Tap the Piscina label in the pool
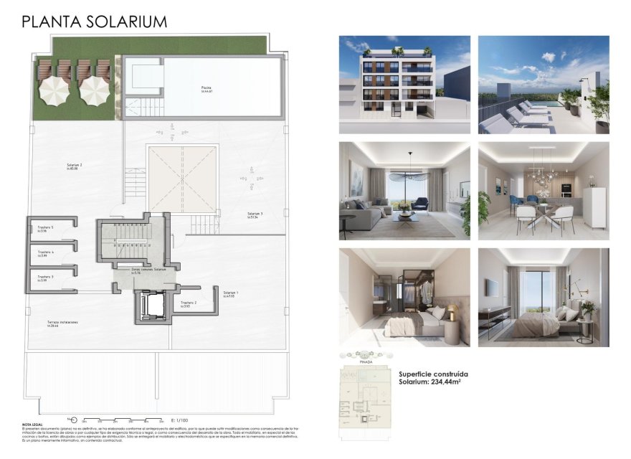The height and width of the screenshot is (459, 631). pos(207,88)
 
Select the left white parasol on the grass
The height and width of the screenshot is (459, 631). pos(52,90)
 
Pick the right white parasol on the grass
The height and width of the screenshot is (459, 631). pos(93,90)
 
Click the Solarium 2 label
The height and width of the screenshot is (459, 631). pos(74,166)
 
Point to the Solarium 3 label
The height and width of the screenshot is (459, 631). pos(255,214)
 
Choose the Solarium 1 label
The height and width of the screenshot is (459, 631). pos(231,293)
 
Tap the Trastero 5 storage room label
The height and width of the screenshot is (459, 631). pos(46,228)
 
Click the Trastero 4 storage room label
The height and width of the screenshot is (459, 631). pos(46,252)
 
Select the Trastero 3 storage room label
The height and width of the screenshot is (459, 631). pos(46,277)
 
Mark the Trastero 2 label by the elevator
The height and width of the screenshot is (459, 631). pos(189,303)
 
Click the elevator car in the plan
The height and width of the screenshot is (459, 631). pos(152,306)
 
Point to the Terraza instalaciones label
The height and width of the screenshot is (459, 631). pos(62,323)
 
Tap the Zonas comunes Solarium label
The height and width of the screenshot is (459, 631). pos(148,270)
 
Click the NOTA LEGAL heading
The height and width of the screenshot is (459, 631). pos(34,425)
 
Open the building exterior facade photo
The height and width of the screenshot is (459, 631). pos(404,84)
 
